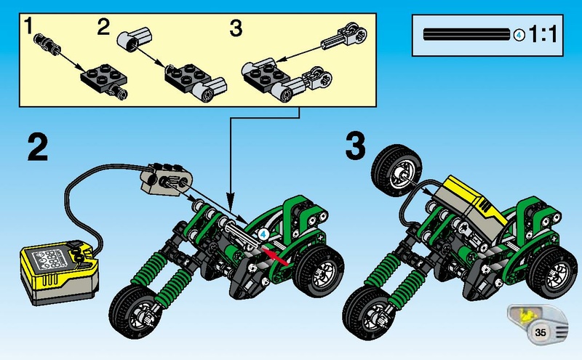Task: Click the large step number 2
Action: click(37, 147)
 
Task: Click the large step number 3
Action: click(354, 147)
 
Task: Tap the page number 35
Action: click(540, 332)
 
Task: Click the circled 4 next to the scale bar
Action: click(519, 34)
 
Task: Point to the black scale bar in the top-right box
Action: click(466, 34)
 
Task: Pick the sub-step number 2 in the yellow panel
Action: click(103, 28)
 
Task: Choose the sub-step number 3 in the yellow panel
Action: click(235, 28)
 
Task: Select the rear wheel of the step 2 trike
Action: click(319, 274)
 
